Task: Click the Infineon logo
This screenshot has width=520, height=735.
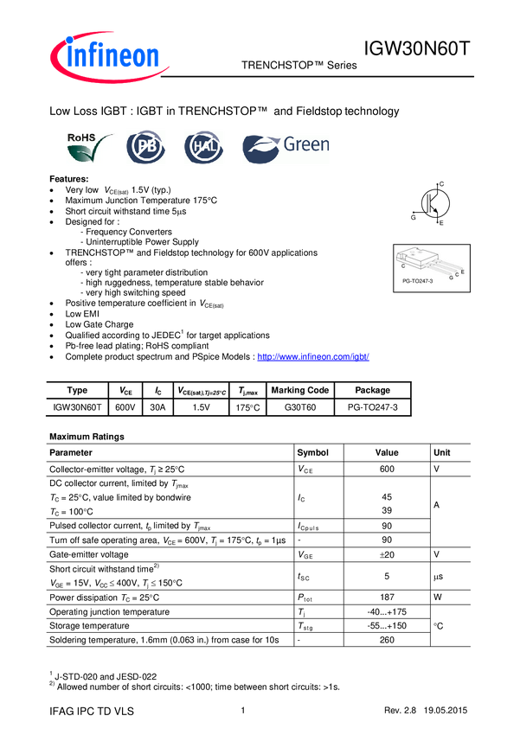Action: (x=109, y=57)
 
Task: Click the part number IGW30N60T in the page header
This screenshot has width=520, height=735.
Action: (x=416, y=48)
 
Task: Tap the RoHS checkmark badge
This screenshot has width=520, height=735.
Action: (x=90, y=147)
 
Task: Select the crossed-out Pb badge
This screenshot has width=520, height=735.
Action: (x=146, y=147)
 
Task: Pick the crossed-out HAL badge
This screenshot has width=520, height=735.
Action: (x=203, y=147)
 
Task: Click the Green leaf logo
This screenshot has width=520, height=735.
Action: (x=286, y=148)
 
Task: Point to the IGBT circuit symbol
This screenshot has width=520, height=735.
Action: (x=430, y=203)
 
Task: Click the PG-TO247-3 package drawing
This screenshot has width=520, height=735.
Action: (x=432, y=268)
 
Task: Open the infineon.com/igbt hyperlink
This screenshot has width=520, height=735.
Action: (x=313, y=357)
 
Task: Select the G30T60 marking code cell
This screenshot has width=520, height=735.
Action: (x=300, y=407)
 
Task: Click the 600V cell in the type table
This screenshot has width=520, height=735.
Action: (x=125, y=407)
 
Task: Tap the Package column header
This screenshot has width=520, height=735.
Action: (x=372, y=390)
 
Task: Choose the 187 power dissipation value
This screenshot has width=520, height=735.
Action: (x=387, y=598)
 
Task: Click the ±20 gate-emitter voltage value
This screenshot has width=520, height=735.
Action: (x=387, y=554)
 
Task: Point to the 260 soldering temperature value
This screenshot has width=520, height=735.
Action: (x=387, y=640)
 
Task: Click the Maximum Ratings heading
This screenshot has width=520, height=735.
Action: (x=87, y=437)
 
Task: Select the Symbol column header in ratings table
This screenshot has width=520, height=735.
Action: (x=312, y=452)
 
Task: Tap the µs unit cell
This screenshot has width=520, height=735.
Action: (x=438, y=577)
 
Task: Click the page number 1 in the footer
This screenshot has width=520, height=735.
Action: (x=243, y=710)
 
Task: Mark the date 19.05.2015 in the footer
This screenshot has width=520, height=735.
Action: (x=446, y=710)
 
